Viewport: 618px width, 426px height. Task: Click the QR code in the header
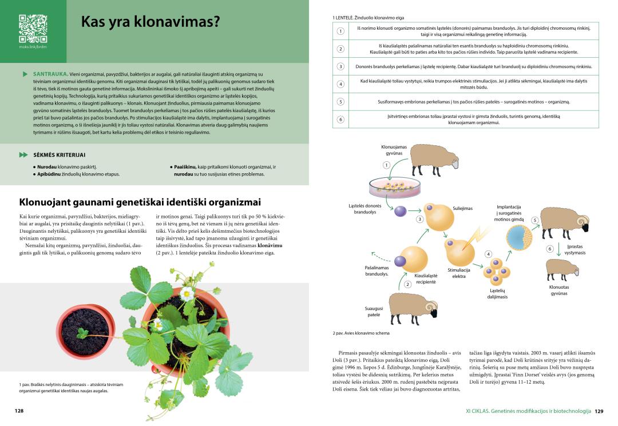click(33, 28)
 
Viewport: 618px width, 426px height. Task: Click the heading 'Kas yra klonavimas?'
click(150, 22)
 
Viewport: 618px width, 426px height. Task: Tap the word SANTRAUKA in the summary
click(48, 74)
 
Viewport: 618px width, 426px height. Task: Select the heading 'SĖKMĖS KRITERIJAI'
click(59, 155)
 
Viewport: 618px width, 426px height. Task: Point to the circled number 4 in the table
click(340, 85)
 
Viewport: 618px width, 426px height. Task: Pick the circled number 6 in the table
click(340, 120)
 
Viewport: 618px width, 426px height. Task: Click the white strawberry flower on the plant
click(187, 293)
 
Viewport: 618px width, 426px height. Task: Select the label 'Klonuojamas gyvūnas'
click(394, 150)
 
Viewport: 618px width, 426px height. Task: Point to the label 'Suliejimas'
click(462, 208)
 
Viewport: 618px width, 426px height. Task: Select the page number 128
click(19, 411)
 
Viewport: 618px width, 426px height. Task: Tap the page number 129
click(599, 411)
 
